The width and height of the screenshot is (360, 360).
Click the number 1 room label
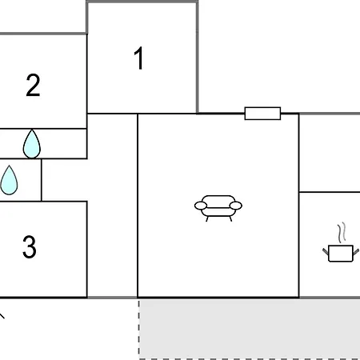click(139, 58)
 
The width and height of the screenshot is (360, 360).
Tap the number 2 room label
click(33, 86)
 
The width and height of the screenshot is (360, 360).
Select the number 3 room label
click(30, 246)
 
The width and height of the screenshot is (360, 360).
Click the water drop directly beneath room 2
click(32, 144)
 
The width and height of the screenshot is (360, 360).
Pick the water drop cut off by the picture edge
click(9, 180)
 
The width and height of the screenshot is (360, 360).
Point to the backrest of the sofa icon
click(218, 200)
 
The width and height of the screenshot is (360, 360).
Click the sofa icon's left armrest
click(201, 206)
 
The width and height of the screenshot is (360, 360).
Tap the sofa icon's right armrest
click(236, 206)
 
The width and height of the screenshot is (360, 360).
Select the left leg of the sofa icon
click(207, 219)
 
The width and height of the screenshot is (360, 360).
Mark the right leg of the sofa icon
click(230, 219)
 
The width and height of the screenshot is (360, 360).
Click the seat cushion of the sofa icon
click(218, 212)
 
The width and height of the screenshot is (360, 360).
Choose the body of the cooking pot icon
click(341, 254)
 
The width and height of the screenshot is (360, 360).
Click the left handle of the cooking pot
click(326, 251)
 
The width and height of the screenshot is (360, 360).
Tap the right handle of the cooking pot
click(356, 251)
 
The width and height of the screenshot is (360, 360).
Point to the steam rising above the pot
click(342, 233)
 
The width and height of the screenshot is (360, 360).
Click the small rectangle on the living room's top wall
click(262, 114)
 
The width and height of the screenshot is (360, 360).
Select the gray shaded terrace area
click(250, 329)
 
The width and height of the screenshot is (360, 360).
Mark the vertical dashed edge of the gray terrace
click(139, 330)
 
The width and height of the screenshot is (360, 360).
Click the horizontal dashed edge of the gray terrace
click(250, 359)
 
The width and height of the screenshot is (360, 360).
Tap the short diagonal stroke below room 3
click(2, 316)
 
